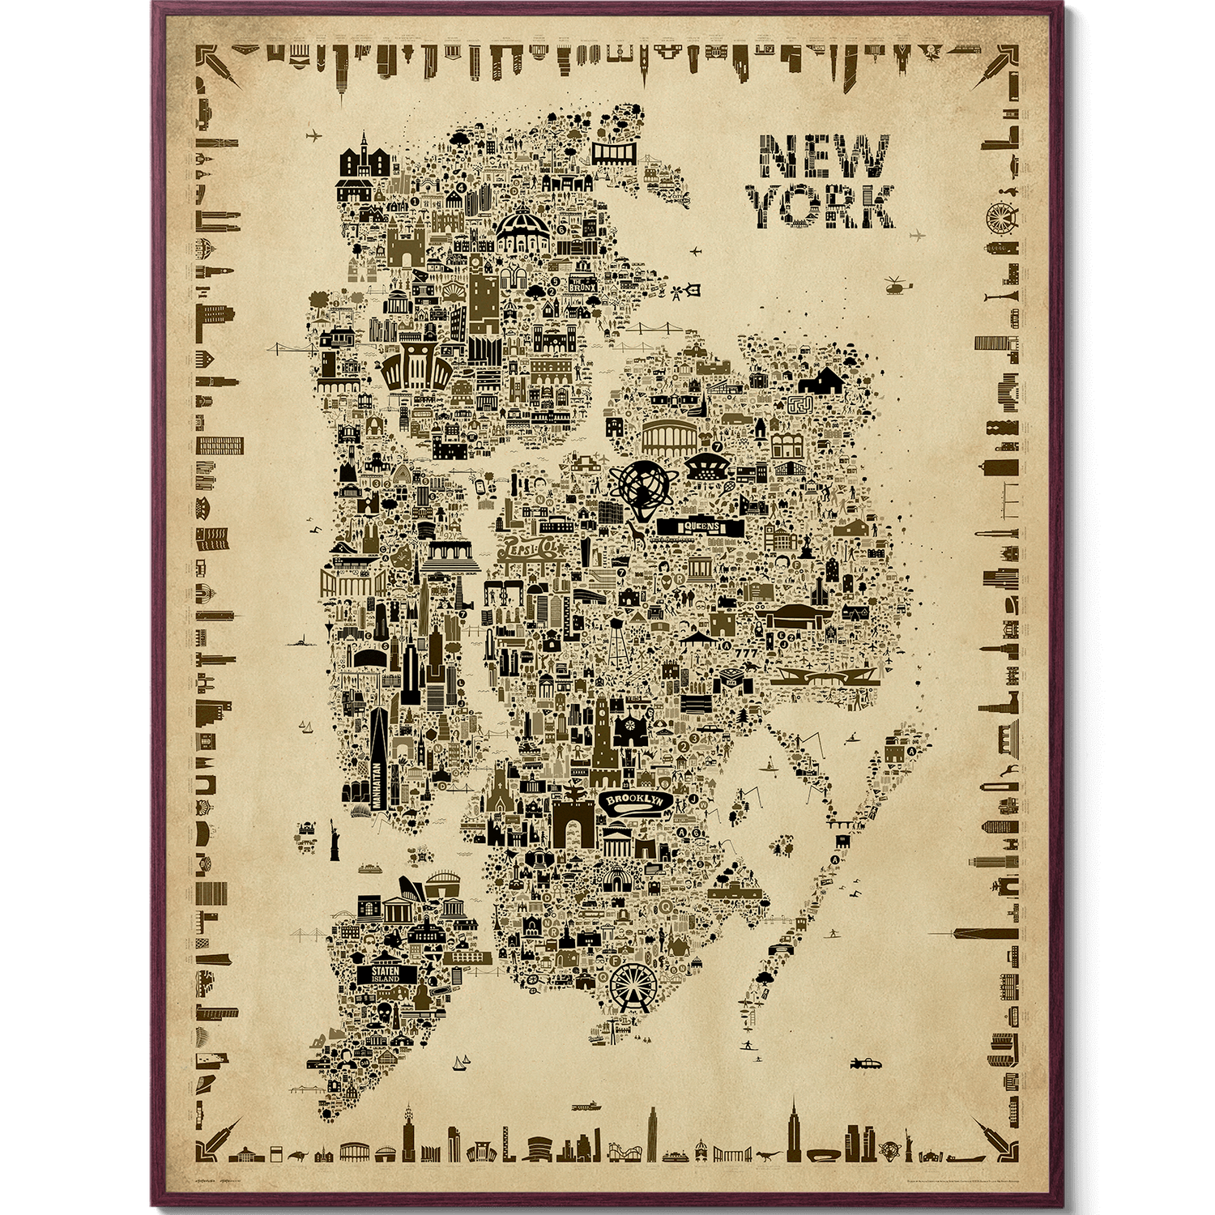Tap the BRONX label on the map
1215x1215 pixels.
[582, 286]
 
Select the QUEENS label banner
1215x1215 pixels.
[700, 527]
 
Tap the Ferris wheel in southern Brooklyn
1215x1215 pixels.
[634, 981]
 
